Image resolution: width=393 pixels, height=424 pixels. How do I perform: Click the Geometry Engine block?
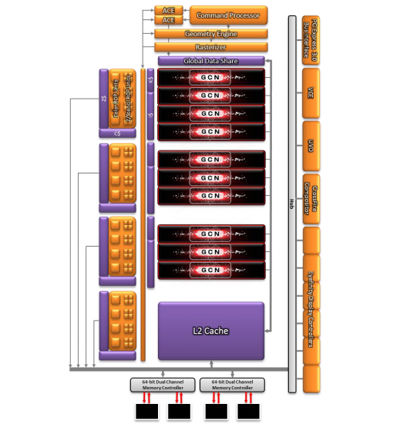tap(210, 34)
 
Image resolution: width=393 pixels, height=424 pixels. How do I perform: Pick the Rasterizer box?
tap(210, 46)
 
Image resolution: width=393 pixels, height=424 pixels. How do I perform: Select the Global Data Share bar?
tap(211, 61)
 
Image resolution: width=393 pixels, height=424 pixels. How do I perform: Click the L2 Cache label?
tap(210, 331)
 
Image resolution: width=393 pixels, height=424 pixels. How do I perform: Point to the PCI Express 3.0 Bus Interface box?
tap(311, 39)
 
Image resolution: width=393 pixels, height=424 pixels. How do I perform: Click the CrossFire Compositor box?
tap(311, 198)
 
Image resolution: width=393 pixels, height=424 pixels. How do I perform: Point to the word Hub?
tap(291, 202)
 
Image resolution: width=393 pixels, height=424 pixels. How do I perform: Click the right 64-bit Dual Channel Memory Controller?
tap(231, 383)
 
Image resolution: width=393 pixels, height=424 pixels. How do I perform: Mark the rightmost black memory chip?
tap(250, 412)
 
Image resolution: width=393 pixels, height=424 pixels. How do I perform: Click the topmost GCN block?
tap(211, 77)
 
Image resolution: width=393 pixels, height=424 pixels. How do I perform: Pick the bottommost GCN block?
tap(211, 270)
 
